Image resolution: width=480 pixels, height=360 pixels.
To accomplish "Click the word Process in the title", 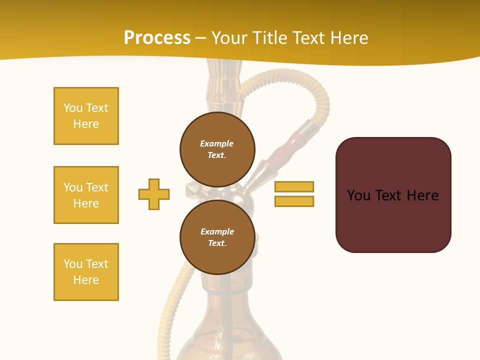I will click(x=157, y=38).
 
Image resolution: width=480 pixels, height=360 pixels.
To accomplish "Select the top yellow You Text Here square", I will click(x=86, y=116).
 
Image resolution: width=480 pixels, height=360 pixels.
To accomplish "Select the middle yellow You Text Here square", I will click(x=86, y=195).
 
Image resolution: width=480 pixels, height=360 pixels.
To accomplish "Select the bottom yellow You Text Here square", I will click(x=86, y=272).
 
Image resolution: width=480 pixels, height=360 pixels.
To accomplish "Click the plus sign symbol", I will click(x=154, y=194).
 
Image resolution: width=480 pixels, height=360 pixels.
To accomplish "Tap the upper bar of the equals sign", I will click(x=294, y=186).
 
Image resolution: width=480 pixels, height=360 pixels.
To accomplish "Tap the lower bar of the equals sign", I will click(x=294, y=201).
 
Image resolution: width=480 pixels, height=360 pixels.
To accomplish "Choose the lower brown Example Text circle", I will click(x=217, y=237).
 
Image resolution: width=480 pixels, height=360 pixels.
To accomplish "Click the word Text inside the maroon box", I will click(x=388, y=195).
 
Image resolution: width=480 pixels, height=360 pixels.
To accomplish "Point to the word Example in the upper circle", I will click(x=217, y=143).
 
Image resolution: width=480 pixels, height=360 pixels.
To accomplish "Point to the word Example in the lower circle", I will click(x=217, y=231).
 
